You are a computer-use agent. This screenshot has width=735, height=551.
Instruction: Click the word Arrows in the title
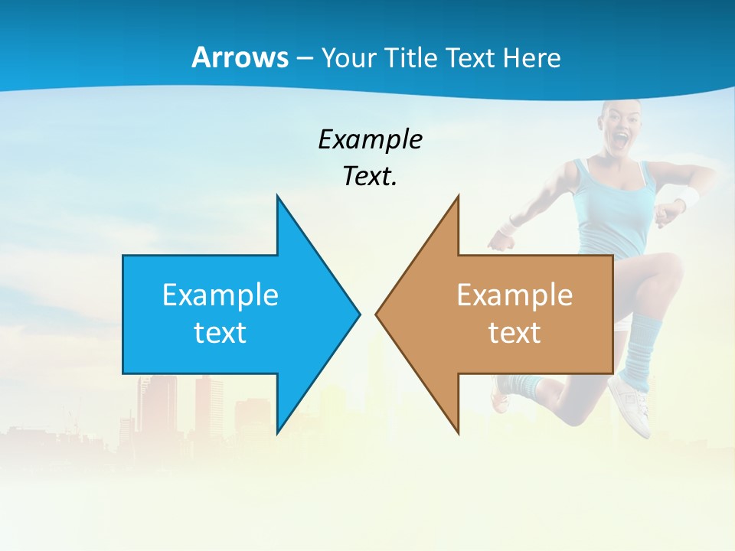240,57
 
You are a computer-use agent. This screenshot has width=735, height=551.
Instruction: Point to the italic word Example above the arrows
370,139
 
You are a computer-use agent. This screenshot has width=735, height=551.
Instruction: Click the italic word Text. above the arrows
370,176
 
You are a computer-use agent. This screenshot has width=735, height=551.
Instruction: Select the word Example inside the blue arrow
220,295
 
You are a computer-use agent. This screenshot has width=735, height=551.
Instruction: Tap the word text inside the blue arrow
220,332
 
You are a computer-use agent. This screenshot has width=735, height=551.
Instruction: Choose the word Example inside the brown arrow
514,295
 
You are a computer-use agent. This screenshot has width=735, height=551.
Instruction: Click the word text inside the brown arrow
514,332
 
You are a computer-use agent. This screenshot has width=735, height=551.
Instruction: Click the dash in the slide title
304,57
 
